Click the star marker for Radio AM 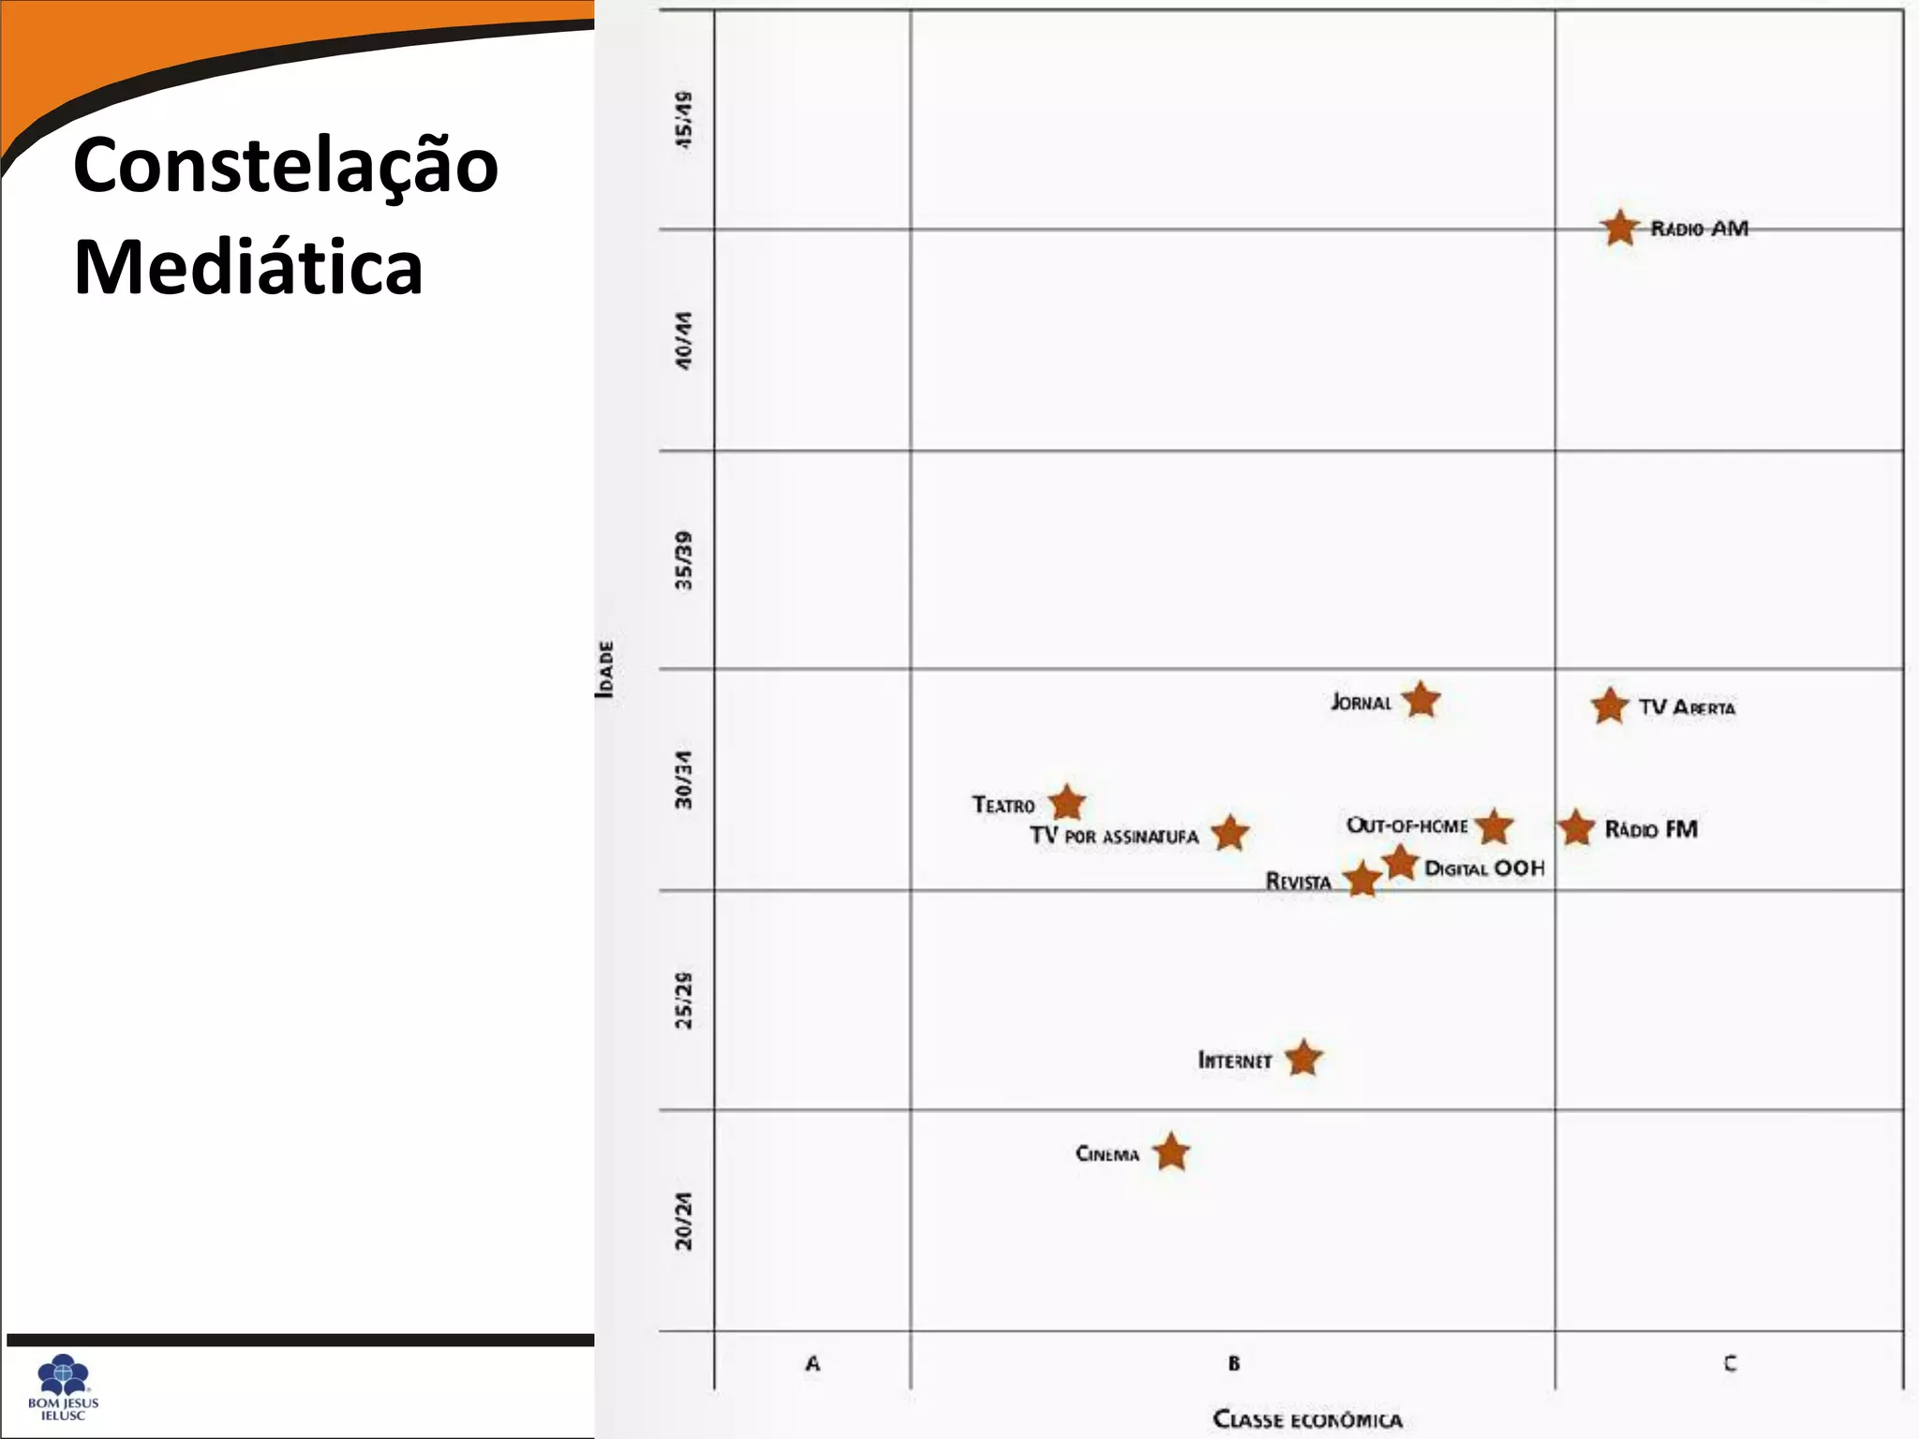pyautogui.click(x=1619, y=228)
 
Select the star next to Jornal pyautogui.click(x=1421, y=700)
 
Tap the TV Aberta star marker pyautogui.click(x=1610, y=706)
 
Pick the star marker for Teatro pyautogui.click(x=1066, y=803)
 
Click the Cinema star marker pyautogui.click(x=1171, y=1152)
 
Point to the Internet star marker pyautogui.click(x=1303, y=1059)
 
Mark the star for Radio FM pyautogui.click(x=1576, y=828)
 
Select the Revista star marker pyautogui.click(x=1361, y=880)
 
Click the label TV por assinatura pyautogui.click(x=1114, y=836)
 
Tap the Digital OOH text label pyautogui.click(x=1484, y=868)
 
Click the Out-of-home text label pyautogui.click(x=1406, y=825)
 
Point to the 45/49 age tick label pyautogui.click(x=685, y=119)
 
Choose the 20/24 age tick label pyautogui.click(x=685, y=1221)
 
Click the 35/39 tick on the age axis pyautogui.click(x=685, y=560)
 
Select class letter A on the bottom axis pyautogui.click(x=812, y=1364)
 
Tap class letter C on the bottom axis pyautogui.click(x=1730, y=1364)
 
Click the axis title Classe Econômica pyautogui.click(x=1307, y=1419)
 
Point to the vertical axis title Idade pyautogui.click(x=606, y=669)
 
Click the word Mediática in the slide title pyautogui.click(x=248, y=267)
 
